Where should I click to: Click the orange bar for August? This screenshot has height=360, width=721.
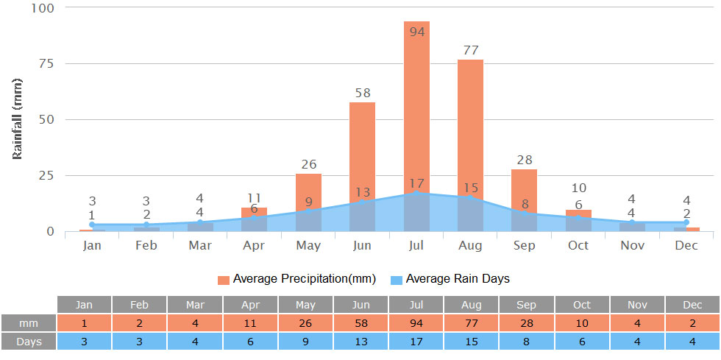tap(470, 125)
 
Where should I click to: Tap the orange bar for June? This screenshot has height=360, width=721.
tap(362, 147)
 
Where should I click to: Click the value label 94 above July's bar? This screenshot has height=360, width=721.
tap(417, 32)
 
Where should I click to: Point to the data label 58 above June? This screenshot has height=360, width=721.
tap(362, 93)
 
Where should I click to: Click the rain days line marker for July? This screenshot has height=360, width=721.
tap(417, 193)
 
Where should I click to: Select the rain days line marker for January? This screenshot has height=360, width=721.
tap(92, 225)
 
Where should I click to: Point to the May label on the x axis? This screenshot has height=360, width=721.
tap(308, 245)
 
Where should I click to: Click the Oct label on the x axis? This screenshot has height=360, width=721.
tap(578, 245)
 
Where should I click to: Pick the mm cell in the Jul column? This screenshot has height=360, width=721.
tap(416, 322)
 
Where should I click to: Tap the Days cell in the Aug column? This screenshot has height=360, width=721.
tap(472, 341)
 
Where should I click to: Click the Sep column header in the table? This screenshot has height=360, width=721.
tap(527, 304)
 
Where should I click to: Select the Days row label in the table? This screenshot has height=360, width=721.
tap(29, 341)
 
